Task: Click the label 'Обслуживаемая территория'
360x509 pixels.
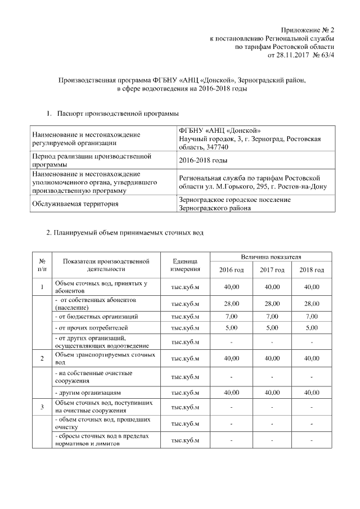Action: [x=75, y=204]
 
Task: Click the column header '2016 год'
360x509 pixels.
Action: [x=231, y=270]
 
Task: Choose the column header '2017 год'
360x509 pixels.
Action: [x=272, y=270]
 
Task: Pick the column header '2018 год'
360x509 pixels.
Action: [x=312, y=270]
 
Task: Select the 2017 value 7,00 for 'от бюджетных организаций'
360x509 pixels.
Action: [x=272, y=317]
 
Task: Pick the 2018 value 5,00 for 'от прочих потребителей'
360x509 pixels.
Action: [x=312, y=327]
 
